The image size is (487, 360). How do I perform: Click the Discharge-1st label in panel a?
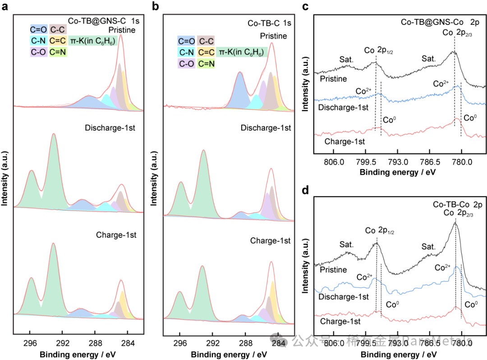(x=110, y=128)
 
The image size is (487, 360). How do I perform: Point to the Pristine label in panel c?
(x=332, y=79)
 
